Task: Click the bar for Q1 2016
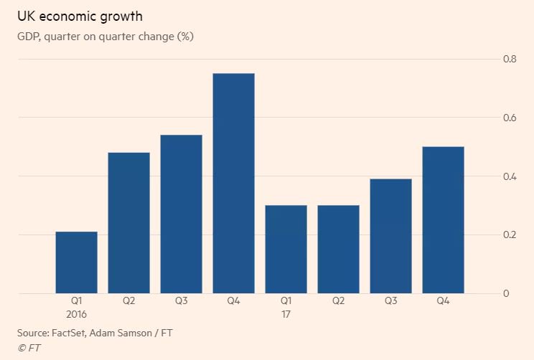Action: pos(76,262)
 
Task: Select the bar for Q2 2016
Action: pos(128,223)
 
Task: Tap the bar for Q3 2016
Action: pos(181,214)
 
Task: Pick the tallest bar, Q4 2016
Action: pos(233,184)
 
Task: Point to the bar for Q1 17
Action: pos(286,250)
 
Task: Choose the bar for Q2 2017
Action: pos(338,250)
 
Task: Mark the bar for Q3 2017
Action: pos(390,236)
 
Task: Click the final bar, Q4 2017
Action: pos(443,220)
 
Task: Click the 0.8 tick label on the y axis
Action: pos(510,59)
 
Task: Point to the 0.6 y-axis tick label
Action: pos(510,118)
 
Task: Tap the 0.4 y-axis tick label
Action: pos(510,176)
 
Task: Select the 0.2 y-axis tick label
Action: pos(510,235)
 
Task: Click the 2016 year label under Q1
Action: pos(77,314)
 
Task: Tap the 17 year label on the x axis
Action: pos(286,314)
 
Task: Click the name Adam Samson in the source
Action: pos(128,333)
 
